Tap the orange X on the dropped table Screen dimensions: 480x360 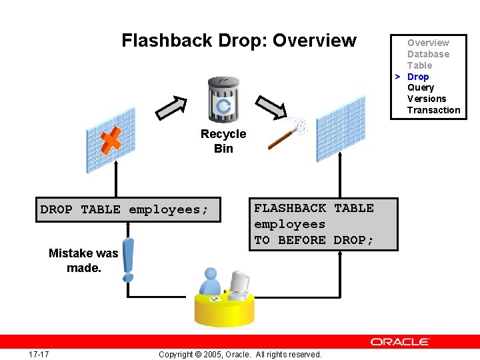[111, 140]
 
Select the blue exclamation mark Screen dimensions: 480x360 [128, 259]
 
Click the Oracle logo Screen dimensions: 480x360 [400, 341]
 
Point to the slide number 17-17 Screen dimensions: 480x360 [39, 354]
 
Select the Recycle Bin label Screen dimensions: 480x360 [223, 141]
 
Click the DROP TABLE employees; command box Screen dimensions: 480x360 [124, 209]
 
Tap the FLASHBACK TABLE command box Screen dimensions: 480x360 [324, 224]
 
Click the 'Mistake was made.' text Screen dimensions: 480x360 [83, 260]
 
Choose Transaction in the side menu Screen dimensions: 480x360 [433, 110]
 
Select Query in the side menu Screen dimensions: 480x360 [420, 87]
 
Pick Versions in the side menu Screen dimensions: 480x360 [427, 99]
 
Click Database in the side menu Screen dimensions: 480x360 [428, 54]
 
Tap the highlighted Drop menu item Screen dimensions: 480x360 [418, 77]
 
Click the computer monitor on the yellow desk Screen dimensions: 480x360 [239, 283]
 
